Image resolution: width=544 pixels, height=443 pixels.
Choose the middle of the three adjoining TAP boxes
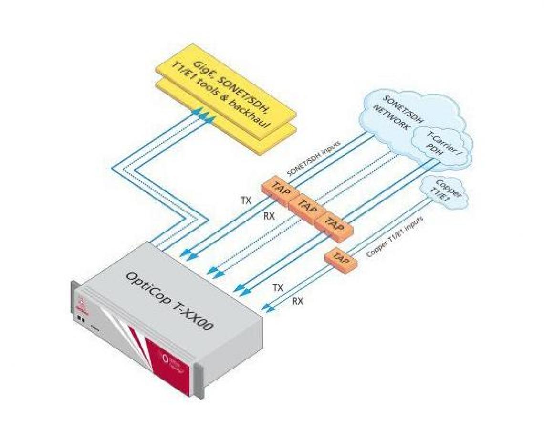[x=306, y=205]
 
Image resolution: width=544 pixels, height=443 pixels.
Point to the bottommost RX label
[x=297, y=301]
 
